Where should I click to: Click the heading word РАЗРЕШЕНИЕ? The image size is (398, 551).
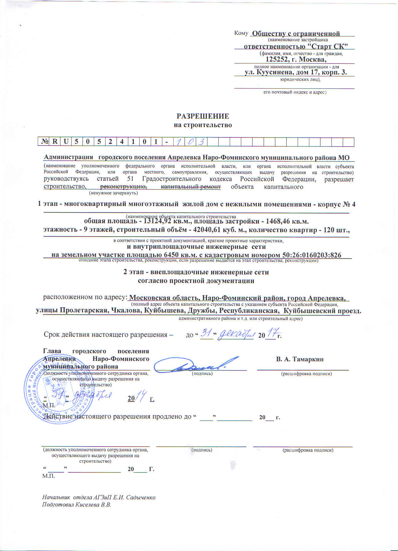[x=203, y=116]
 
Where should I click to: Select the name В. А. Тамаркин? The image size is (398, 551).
[x=300, y=359]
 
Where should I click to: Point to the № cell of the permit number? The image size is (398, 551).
[x=44, y=142]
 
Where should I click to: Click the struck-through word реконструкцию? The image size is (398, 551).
[x=121, y=187]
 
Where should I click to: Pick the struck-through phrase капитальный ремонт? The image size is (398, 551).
[x=191, y=187]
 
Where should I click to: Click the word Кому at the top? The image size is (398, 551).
[x=241, y=33]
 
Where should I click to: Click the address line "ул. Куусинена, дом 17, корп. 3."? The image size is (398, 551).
[x=296, y=72]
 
